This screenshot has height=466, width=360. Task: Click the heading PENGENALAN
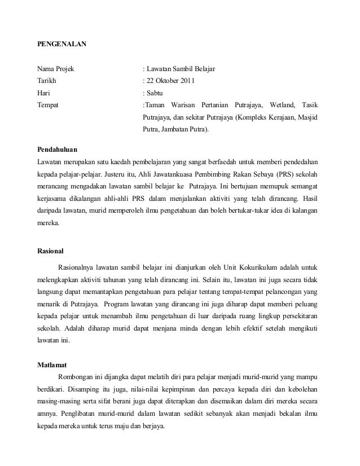click(x=62, y=43)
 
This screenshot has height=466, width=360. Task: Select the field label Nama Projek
click(x=55, y=69)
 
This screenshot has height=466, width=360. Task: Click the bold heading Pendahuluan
click(x=57, y=150)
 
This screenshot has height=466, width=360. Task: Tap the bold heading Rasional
click(x=50, y=249)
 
